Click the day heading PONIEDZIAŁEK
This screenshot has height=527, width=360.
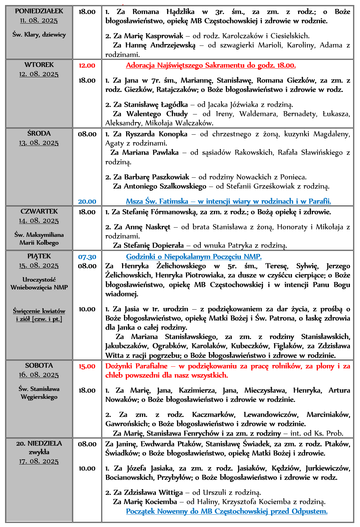pos(39,11)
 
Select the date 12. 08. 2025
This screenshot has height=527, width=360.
pos(39,74)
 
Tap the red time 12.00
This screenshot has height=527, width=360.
pos(87,66)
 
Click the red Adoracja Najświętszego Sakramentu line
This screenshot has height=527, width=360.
pos(211,66)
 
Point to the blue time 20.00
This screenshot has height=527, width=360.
pos(87,202)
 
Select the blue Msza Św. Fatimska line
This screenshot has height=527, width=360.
pos(228,202)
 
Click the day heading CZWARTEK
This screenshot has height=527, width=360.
pos(39,212)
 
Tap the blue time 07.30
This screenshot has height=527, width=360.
pos(87,257)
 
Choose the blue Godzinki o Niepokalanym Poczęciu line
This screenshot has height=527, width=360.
pos(194,257)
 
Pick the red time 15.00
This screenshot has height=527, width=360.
pos(87,366)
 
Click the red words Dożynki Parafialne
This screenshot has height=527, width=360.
pos(136,366)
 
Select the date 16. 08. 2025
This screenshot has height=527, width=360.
pos(39,375)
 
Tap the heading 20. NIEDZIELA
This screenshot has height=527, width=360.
pos(39,444)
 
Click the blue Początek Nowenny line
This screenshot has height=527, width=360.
pos(227,511)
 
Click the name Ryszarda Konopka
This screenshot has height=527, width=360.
pos(156,134)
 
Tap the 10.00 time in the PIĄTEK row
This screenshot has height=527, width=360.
pos(87,309)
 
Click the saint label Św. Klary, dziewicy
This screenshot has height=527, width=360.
pos(39,35)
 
